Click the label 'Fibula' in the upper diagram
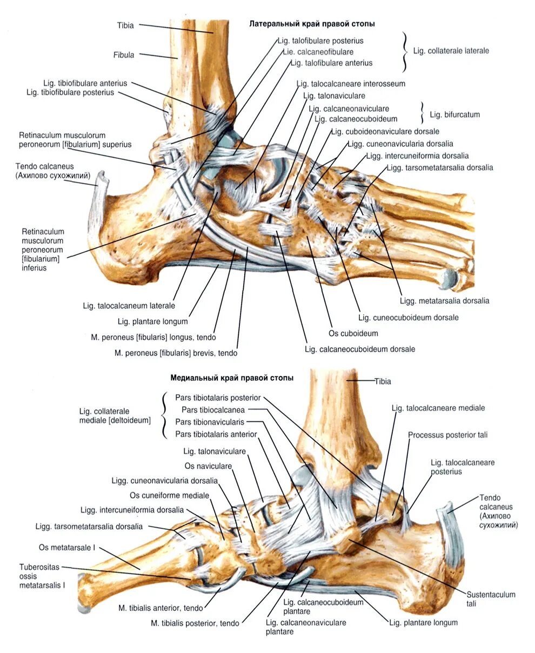coord(124,55)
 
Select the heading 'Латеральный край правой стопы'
coord(312,24)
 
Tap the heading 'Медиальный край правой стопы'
coord(232,378)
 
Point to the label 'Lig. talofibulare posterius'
coord(320,41)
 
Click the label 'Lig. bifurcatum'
coord(454,115)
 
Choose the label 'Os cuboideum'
coord(353,333)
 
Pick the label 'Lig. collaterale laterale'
coord(451,51)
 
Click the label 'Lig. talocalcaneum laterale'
coord(129,306)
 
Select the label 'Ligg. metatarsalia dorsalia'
coord(444,301)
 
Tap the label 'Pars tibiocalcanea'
coord(213,410)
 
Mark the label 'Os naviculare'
coord(208,466)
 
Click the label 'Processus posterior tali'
coord(447,435)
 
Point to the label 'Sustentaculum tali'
coord(483,598)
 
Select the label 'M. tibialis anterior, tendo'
coord(160,608)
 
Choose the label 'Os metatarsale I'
coord(66,548)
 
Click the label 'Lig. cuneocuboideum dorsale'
coord(408,318)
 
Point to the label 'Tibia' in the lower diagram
coord(383,381)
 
